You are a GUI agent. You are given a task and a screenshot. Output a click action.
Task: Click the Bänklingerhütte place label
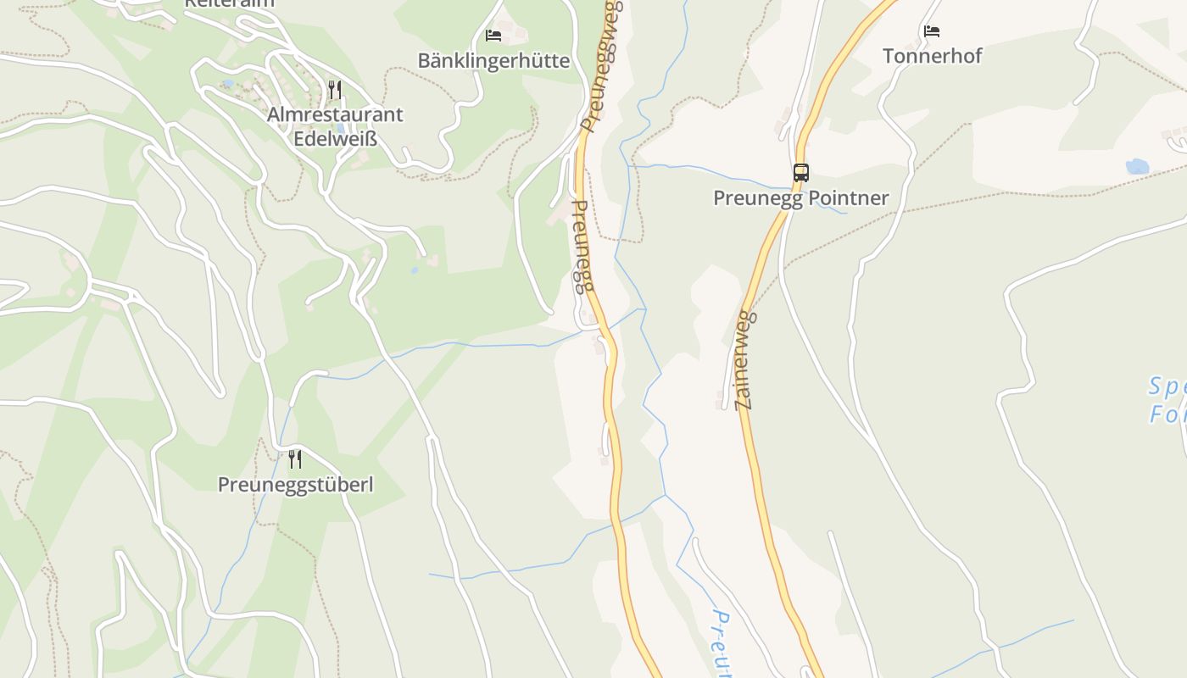coord(493,61)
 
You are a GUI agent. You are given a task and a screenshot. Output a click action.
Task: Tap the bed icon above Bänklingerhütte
coord(493,36)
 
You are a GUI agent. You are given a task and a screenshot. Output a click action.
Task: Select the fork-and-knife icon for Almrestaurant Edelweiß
coord(335,89)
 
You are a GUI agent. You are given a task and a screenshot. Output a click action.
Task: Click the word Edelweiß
coord(335,138)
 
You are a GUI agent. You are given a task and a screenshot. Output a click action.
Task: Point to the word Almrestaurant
coord(335,114)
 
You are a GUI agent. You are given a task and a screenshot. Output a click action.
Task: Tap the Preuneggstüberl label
coord(295,485)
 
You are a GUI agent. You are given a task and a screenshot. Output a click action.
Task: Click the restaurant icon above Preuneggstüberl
coord(295,459)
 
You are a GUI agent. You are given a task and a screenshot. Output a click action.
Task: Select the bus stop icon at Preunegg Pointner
coord(800,173)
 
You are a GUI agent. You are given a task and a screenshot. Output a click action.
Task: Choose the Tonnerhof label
coord(932,56)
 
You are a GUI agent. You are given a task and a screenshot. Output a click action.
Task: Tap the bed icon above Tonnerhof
coord(932,31)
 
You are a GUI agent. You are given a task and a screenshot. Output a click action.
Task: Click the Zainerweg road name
coord(744,360)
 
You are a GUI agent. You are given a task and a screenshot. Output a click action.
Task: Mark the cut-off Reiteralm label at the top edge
coord(229,3)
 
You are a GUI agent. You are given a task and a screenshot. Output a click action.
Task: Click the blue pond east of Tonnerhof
coord(1137,166)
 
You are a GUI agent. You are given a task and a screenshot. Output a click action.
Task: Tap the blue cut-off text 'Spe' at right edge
coord(1167,387)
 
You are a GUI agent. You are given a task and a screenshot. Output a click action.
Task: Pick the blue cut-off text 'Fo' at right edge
coord(1167,414)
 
